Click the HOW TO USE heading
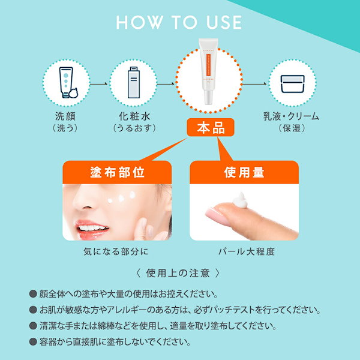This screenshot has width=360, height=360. click(179, 23)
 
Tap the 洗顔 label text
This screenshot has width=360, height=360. click(67, 116)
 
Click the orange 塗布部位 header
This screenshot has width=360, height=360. click(117, 172)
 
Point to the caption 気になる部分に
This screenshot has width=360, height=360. click(117, 252)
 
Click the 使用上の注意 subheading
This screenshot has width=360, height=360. click(179, 274)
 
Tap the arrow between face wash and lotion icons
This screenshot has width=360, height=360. click(100, 83)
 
